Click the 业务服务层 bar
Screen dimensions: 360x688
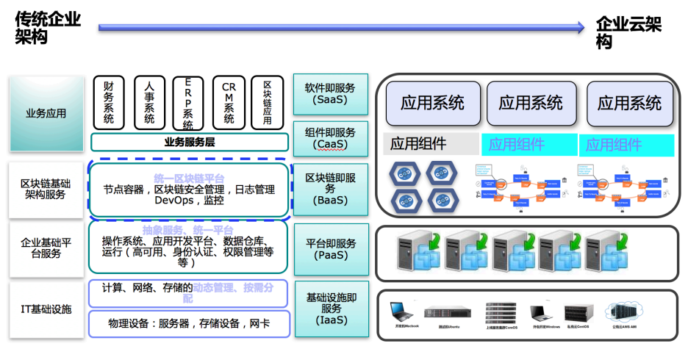(189, 142)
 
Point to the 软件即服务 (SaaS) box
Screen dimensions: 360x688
(330, 93)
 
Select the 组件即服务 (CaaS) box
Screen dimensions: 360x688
(330, 137)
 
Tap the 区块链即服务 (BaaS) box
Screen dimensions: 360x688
(330, 188)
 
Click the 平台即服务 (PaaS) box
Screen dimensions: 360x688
(330, 249)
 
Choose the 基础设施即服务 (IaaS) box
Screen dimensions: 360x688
(331, 309)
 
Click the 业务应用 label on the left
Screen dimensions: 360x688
(46, 114)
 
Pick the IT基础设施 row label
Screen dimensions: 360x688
(46, 309)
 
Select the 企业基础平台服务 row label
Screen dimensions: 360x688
(46, 248)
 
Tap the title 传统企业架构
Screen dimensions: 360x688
(48, 27)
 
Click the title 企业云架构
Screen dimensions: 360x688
(628, 33)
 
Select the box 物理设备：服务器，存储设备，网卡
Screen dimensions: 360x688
(189, 323)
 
